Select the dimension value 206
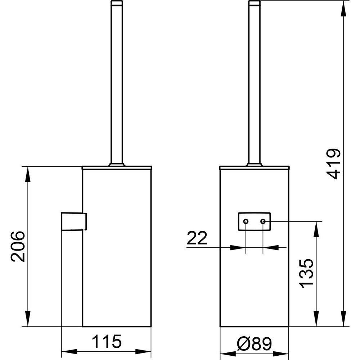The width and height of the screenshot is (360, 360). click(x=18, y=247)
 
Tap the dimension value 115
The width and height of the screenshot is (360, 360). click(x=107, y=341)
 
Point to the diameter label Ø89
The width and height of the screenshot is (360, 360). click(x=254, y=344)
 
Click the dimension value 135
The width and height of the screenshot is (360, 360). click(x=306, y=273)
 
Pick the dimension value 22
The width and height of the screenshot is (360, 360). click(x=197, y=238)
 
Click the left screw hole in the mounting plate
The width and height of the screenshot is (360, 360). click(x=246, y=221)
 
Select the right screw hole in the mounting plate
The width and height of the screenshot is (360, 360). click(x=263, y=221)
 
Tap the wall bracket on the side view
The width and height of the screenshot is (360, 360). click(x=74, y=221)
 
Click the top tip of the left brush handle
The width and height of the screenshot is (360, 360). click(x=117, y=1)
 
